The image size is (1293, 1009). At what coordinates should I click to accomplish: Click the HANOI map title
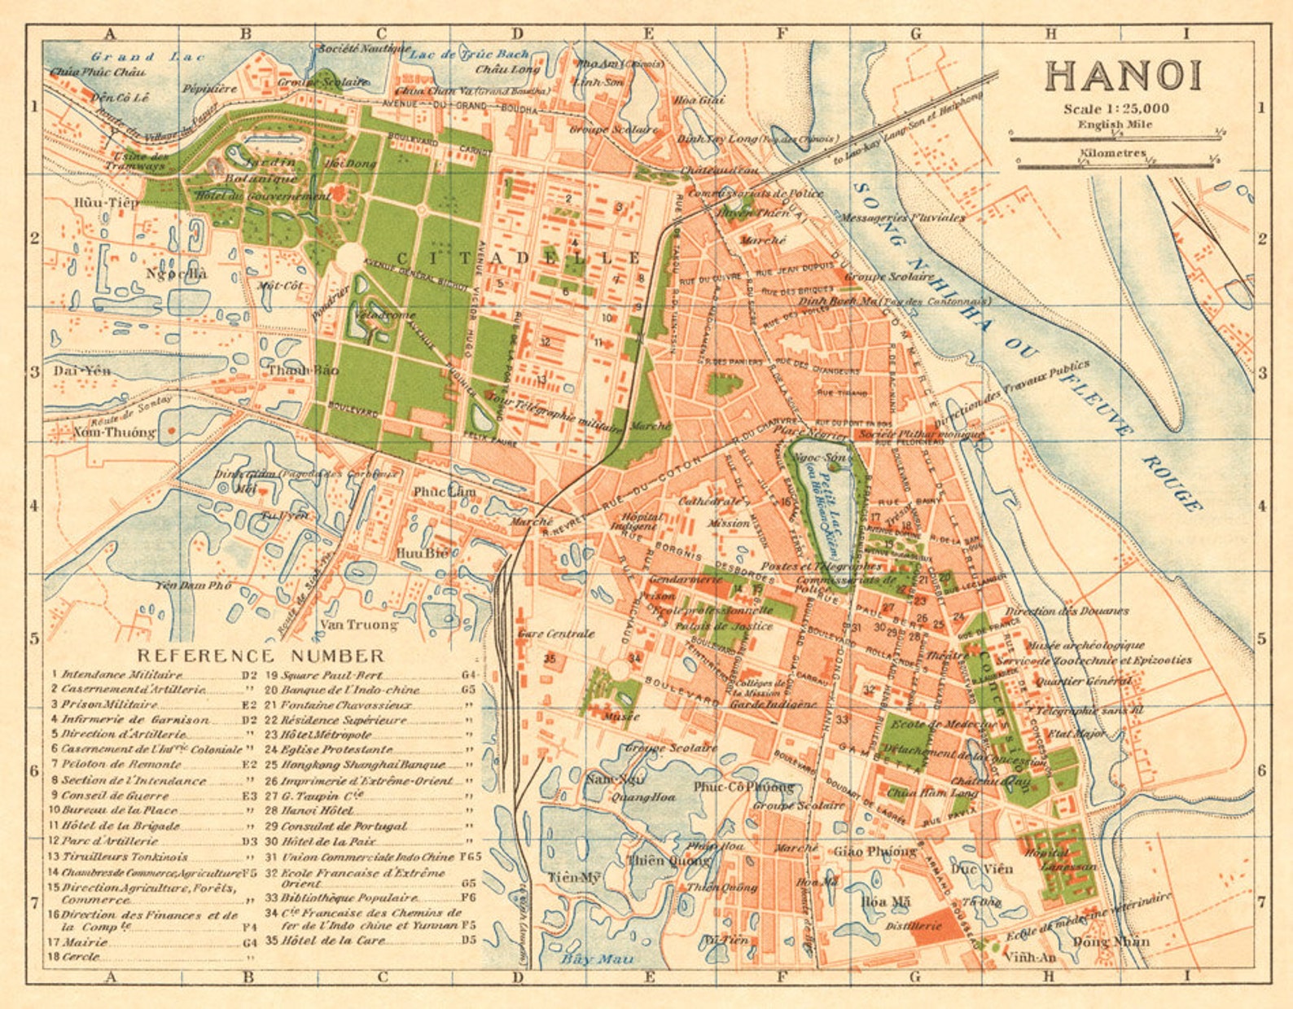click(1124, 76)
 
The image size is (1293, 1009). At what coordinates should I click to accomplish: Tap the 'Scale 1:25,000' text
click(1116, 108)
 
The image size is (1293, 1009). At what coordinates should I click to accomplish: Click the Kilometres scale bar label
click(1113, 153)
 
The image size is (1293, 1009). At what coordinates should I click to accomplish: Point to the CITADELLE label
click(519, 258)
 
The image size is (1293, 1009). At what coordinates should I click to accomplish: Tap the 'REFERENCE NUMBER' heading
click(261, 656)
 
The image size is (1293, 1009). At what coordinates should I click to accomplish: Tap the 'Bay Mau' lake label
click(597, 959)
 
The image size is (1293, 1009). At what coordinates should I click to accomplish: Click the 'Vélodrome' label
click(386, 315)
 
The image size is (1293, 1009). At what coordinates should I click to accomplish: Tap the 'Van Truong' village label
click(358, 625)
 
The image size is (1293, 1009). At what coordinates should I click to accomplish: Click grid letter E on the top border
click(648, 33)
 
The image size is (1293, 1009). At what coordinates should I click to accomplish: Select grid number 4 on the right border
click(1261, 506)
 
